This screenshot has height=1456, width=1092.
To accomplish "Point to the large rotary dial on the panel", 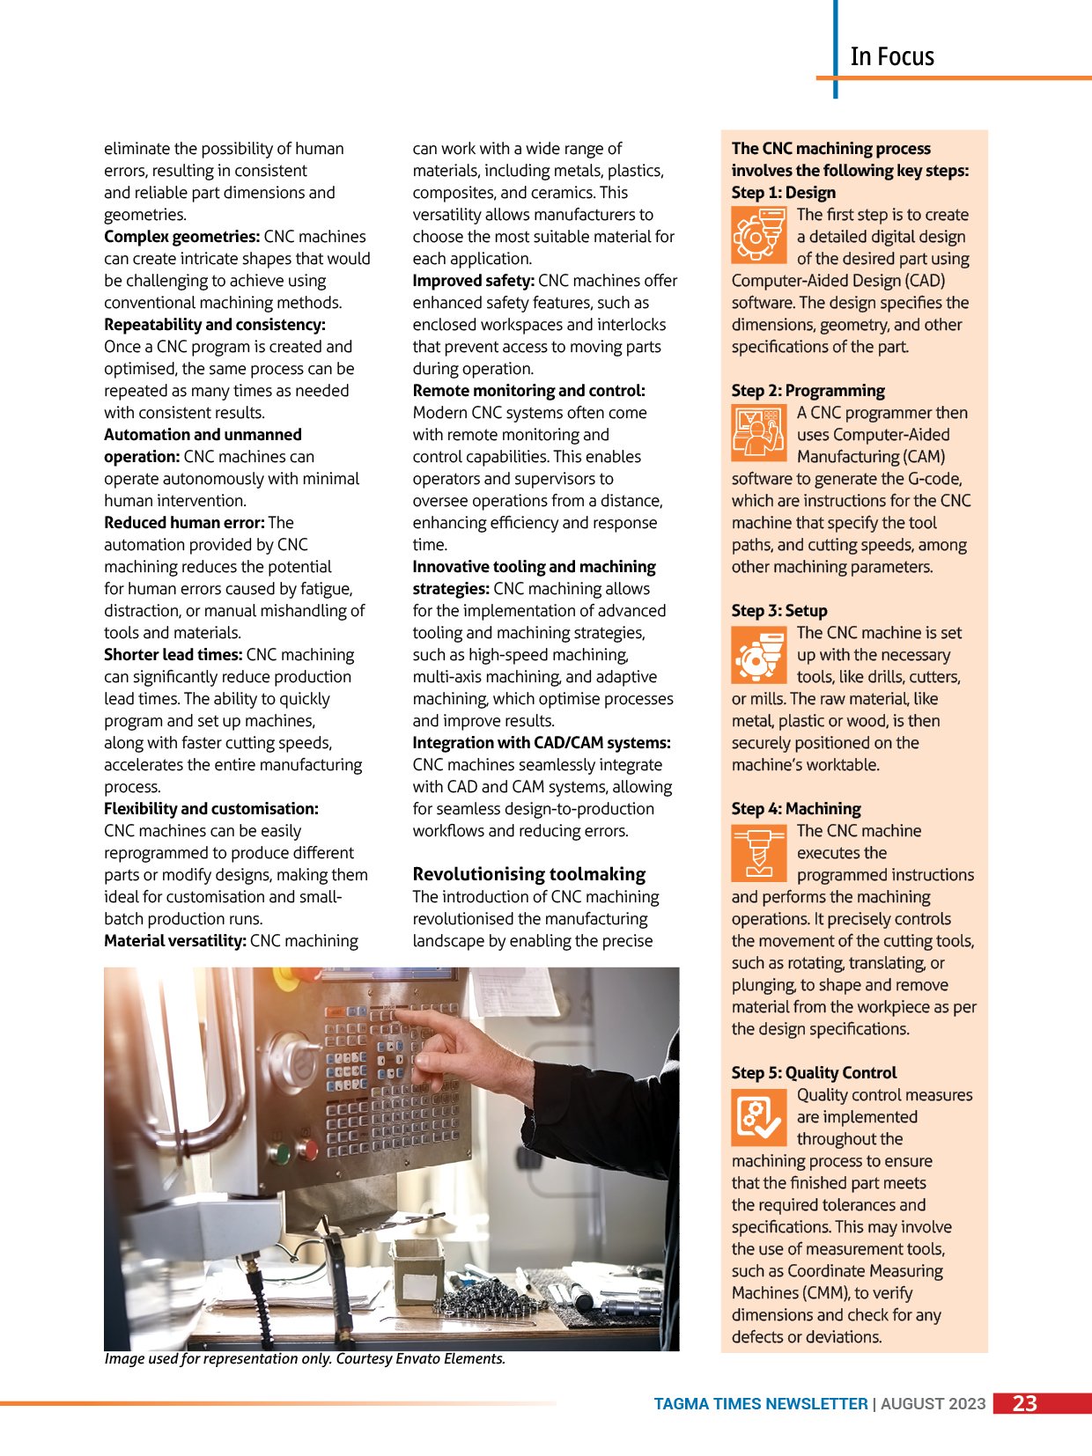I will point(293,1060).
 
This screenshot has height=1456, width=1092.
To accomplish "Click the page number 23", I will point(1024,1403).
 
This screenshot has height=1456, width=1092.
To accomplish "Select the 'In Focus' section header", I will point(891,56).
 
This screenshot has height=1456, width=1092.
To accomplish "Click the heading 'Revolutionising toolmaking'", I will point(528,874).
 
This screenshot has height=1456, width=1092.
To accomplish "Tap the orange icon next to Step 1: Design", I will point(757,234).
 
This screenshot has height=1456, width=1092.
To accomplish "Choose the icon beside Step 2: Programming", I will point(757,432).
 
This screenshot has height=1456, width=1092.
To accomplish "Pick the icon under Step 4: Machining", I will point(757,851).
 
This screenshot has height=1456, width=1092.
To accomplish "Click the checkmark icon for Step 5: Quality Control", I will point(757,1115).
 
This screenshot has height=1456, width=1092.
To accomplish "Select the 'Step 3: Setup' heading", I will point(778,610).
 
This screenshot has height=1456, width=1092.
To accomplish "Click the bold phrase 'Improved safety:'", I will point(473,281).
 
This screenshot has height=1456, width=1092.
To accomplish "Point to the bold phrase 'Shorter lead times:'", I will point(173,655).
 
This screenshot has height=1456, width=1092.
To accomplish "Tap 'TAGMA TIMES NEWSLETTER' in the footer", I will point(760,1404).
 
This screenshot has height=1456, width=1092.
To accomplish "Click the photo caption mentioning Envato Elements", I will point(305,1358).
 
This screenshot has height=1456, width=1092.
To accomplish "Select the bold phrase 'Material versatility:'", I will point(174,941).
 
